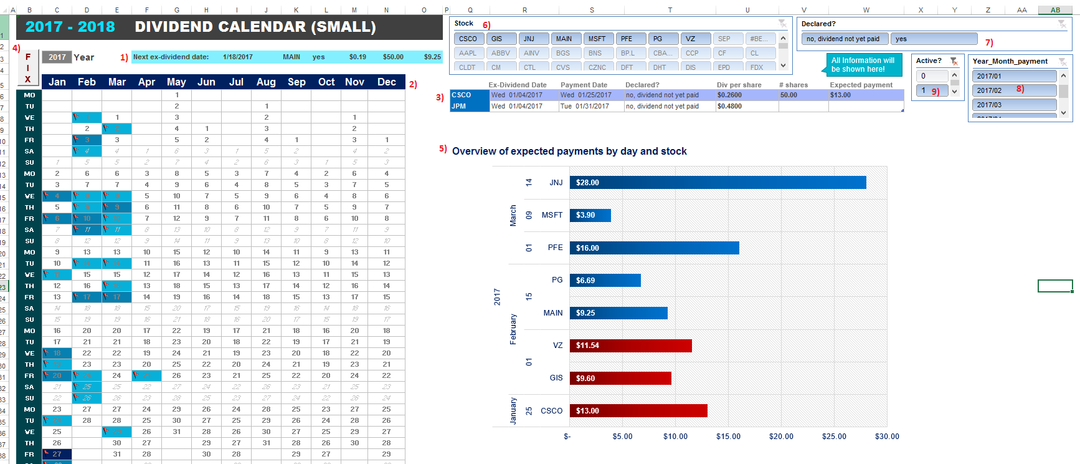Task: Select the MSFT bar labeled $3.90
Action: point(590,215)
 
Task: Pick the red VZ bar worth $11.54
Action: point(630,346)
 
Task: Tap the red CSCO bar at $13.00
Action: point(638,411)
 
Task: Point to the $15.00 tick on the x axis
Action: point(728,437)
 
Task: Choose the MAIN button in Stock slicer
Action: point(564,39)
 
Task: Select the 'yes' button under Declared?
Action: point(933,39)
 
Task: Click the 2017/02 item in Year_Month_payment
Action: point(1013,90)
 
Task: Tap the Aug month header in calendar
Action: point(266,82)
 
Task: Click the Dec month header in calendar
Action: point(386,82)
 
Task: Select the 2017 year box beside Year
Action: point(57,57)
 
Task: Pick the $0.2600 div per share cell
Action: point(729,95)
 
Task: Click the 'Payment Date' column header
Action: point(584,85)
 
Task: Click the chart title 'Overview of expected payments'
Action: point(569,152)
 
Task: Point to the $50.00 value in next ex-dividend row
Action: point(393,57)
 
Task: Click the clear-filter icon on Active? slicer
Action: point(954,61)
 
